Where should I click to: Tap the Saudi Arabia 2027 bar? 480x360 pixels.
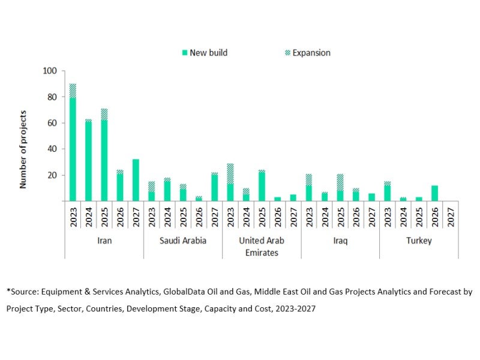pyautogui.click(x=214, y=187)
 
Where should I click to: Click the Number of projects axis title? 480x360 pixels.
pyautogui.click(x=23, y=148)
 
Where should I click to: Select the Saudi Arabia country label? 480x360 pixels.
pyautogui.click(x=183, y=241)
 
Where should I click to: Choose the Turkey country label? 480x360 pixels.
pyautogui.click(x=419, y=241)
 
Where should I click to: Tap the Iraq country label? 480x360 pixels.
pyautogui.click(x=340, y=241)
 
